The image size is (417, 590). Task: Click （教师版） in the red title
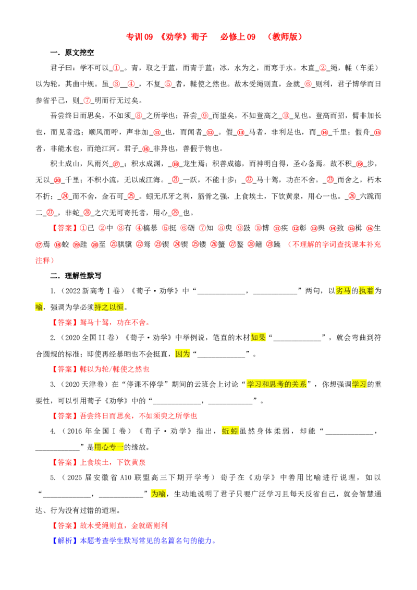(285, 36)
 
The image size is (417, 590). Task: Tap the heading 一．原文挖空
(72, 52)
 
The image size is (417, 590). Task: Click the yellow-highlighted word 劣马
(343, 290)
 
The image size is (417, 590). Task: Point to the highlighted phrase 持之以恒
(109, 307)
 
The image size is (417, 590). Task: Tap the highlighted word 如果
(258, 337)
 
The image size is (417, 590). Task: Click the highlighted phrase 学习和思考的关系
(277, 384)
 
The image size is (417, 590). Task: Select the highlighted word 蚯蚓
(230, 431)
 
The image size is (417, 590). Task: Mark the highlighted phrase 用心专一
(109, 447)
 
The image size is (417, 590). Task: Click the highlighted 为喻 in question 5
(158, 494)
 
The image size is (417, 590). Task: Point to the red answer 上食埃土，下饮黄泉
(113, 462)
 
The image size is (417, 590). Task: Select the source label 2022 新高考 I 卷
(93, 290)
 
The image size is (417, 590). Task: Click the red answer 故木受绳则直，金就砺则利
(124, 525)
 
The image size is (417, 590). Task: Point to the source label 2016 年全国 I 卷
(96, 431)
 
